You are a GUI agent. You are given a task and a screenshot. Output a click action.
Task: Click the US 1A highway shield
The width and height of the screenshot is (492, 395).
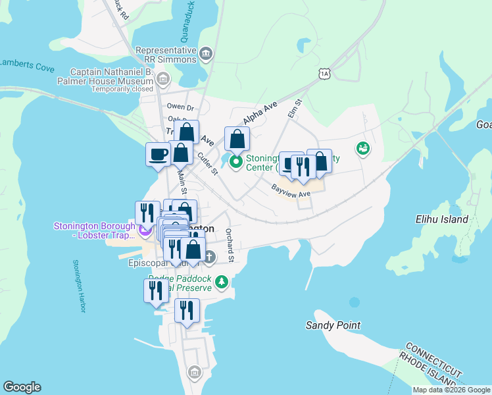pos(324,73)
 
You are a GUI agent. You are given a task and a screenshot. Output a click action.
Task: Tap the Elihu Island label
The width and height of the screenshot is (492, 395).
pos(441,219)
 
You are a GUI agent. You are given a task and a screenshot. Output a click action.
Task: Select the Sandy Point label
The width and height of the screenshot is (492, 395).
pos(333,325)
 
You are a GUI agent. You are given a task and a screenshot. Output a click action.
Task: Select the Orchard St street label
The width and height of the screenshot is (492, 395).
pos(229,245)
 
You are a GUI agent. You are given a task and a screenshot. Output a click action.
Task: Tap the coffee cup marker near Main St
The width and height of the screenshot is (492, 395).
pos(158,155)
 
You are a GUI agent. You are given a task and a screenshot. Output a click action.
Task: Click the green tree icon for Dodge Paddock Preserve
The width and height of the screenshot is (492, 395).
pos(222,282)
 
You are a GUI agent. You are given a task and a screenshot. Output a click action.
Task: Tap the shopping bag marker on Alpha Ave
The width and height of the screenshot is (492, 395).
pos(237,139)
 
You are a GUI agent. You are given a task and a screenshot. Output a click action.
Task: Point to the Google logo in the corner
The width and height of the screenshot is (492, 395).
pos(22,387)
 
